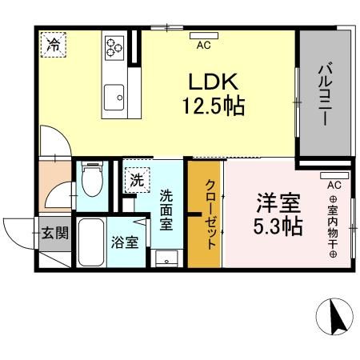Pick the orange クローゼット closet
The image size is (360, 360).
click(206, 214)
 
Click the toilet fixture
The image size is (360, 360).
click(93, 180)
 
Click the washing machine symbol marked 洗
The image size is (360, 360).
click(137, 181)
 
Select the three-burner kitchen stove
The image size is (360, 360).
click(114, 46)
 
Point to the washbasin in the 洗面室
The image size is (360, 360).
click(166, 258)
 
